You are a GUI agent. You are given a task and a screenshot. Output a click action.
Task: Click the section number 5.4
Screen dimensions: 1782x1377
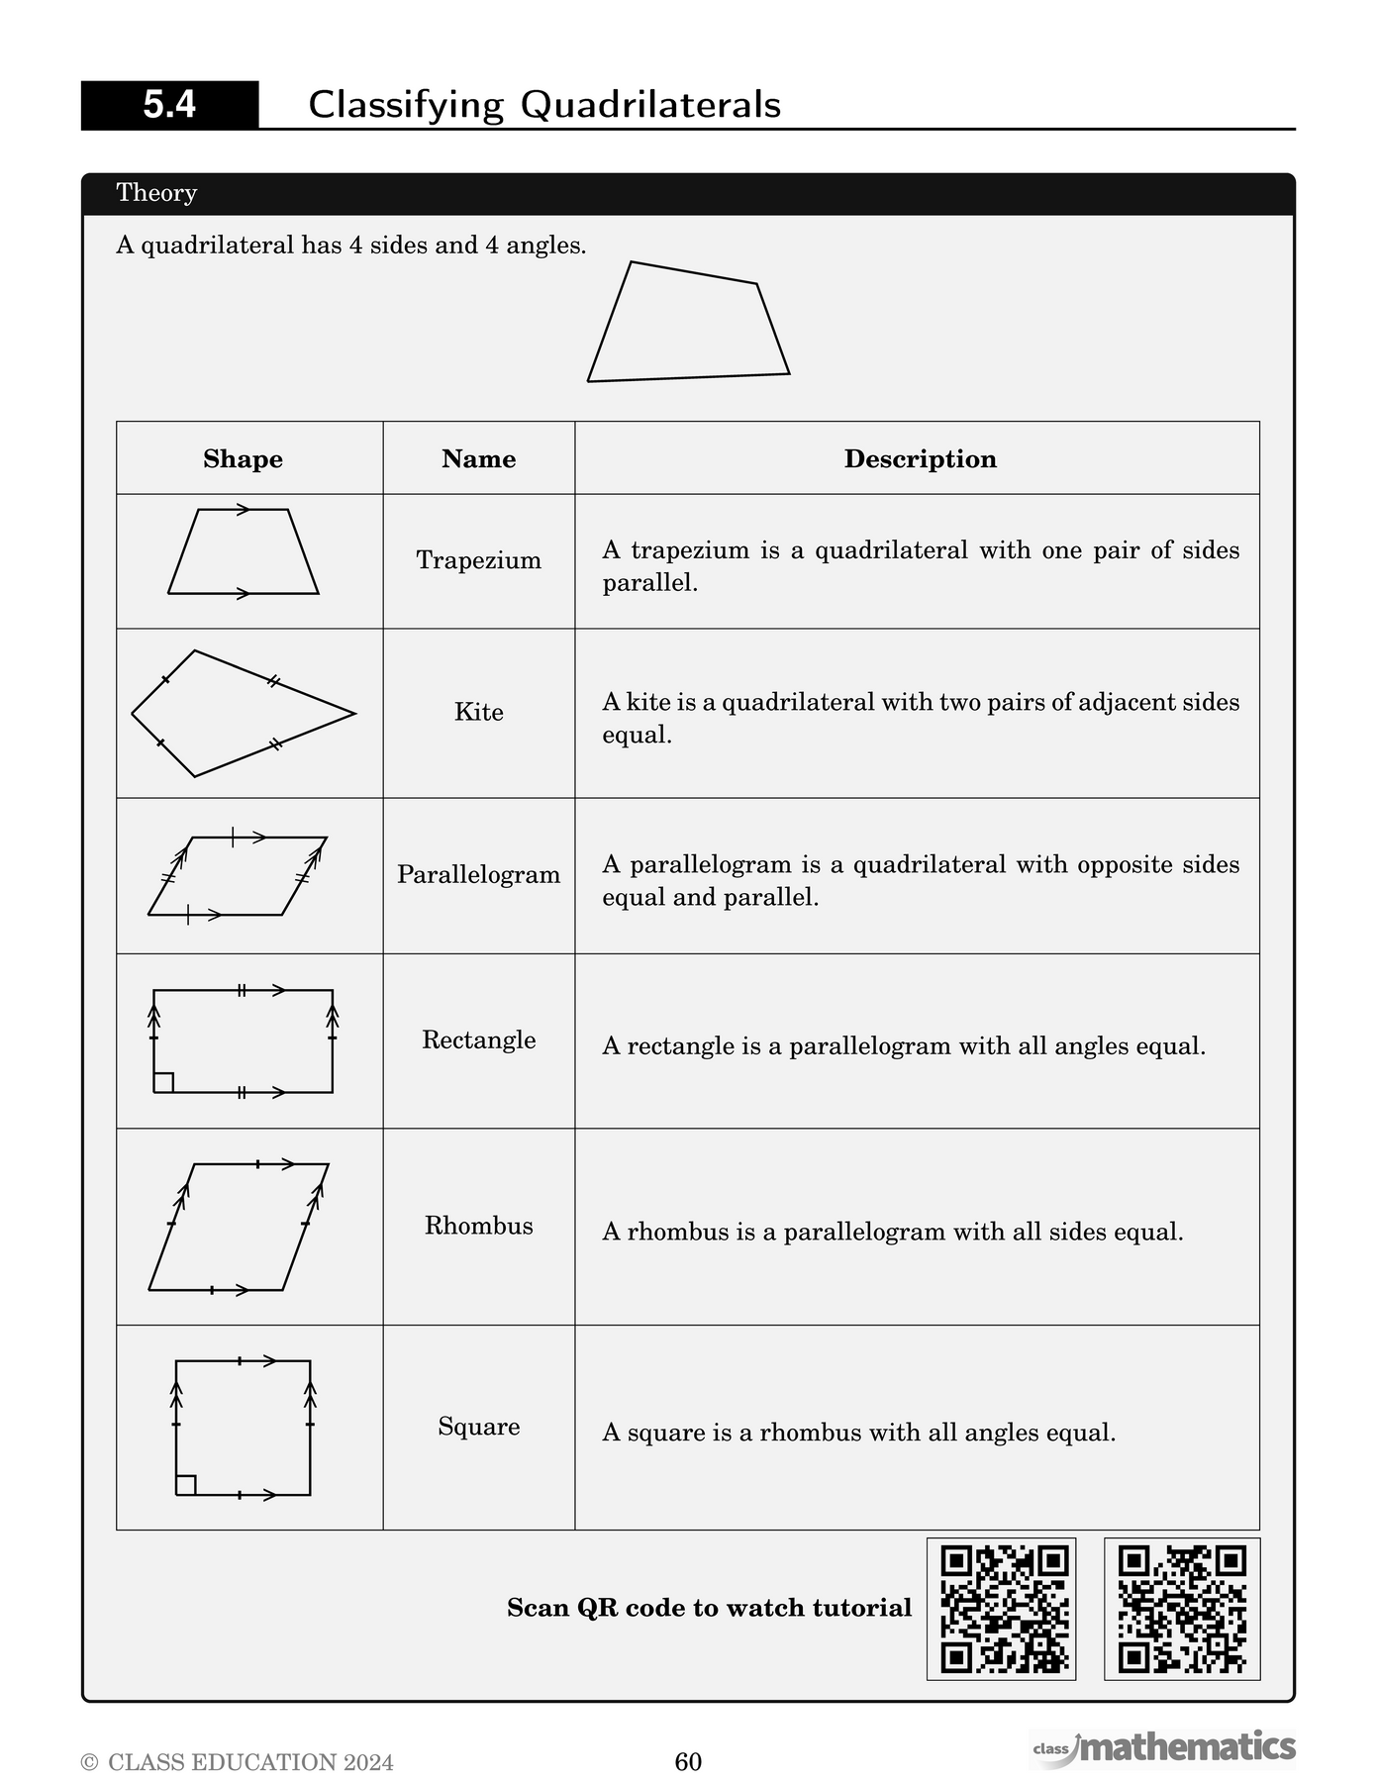pyautogui.click(x=169, y=105)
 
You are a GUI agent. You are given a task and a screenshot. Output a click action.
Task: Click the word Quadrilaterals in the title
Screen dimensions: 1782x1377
pyautogui.click(x=650, y=105)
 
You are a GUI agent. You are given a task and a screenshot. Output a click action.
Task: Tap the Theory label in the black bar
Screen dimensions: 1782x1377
pyautogui.click(x=156, y=193)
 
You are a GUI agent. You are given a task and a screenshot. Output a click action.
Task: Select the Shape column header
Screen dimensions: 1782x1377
pyautogui.click(x=243, y=458)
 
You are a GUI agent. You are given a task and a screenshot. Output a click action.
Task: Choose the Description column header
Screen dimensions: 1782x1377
pyautogui.click(x=920, y=458)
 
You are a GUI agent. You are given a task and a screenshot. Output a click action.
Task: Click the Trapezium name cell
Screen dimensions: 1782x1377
pyautogui.click(x=478, y=560)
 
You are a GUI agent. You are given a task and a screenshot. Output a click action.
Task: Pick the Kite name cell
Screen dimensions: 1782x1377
pyautogui.click(x=478, y=712)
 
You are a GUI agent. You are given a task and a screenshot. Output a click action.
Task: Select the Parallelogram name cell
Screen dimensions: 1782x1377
pyautogui.click(x=478, y=874)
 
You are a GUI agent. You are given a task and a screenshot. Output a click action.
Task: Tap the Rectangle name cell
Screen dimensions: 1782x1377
pyautogui.click(x=478, y=1039)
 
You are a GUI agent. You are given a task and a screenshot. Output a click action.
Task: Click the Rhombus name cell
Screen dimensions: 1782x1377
pyautogui.click(x=478, y=1226)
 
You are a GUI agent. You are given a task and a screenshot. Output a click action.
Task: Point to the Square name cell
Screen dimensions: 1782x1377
pyautogui.click(x=478, y=1427)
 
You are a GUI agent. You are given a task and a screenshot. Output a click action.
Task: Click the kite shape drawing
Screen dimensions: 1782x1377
pyautogui.click(x=238, y=713)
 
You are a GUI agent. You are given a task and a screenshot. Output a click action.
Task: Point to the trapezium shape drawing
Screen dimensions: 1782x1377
pyautogui.click(x=244, y=552)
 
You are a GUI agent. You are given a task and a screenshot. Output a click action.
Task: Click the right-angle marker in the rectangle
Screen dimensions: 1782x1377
pyautogui.click(x=164, y=1082)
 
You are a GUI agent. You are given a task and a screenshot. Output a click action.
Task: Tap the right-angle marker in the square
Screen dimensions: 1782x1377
pyautogui.click(x=186, y=1484)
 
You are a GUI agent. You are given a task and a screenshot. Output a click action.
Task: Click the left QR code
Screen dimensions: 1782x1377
pyautogui.click(x=1001, y=1609)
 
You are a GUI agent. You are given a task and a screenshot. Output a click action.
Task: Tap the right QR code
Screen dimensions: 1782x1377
pyautogui.click(x=1182, y=1609)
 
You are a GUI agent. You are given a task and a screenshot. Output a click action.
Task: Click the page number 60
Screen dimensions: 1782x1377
pyautogui.click(x=688, y=1761)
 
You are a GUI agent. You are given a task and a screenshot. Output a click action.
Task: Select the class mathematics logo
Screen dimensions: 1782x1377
pyautogui.click(x=1164, y=1747)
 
